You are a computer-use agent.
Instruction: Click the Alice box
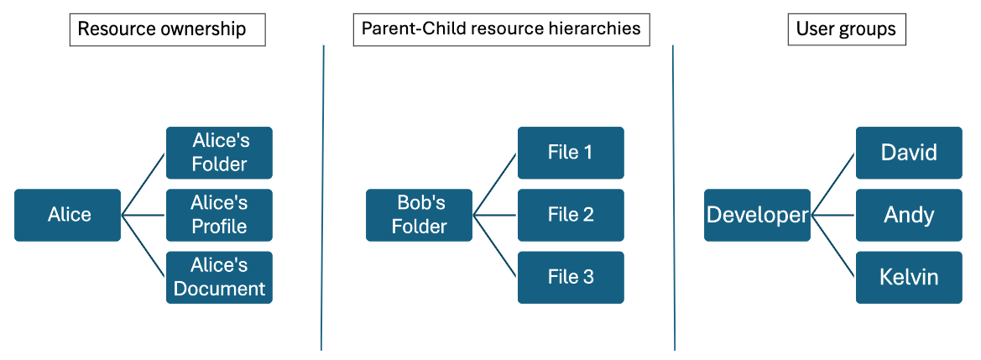(x=68, y=215)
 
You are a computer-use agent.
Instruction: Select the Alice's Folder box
(x=219, y=153)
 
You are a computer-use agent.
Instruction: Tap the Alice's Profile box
(x=219, y=215)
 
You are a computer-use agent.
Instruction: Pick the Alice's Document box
(x=219, y=277)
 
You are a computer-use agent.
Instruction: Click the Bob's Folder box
(x=420, y=215)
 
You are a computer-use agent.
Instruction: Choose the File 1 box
(x=571, y=153)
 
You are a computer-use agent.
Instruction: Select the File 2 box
(x=571, y=215)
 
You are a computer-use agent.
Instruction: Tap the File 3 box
(x=571, y=277)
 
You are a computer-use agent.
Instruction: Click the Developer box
(x=757, y=215)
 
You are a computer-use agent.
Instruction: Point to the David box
(x=909, y=153)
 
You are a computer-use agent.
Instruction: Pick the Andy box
(x=909, y=215)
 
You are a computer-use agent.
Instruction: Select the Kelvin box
(x=909, y=277)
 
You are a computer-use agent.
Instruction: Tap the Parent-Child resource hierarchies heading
(x=501, y=29)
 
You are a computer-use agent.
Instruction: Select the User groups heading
(x=846, y=29)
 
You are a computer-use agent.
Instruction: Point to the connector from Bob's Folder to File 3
(x=495, y=246)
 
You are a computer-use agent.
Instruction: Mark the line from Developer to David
(x=833, y=185)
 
